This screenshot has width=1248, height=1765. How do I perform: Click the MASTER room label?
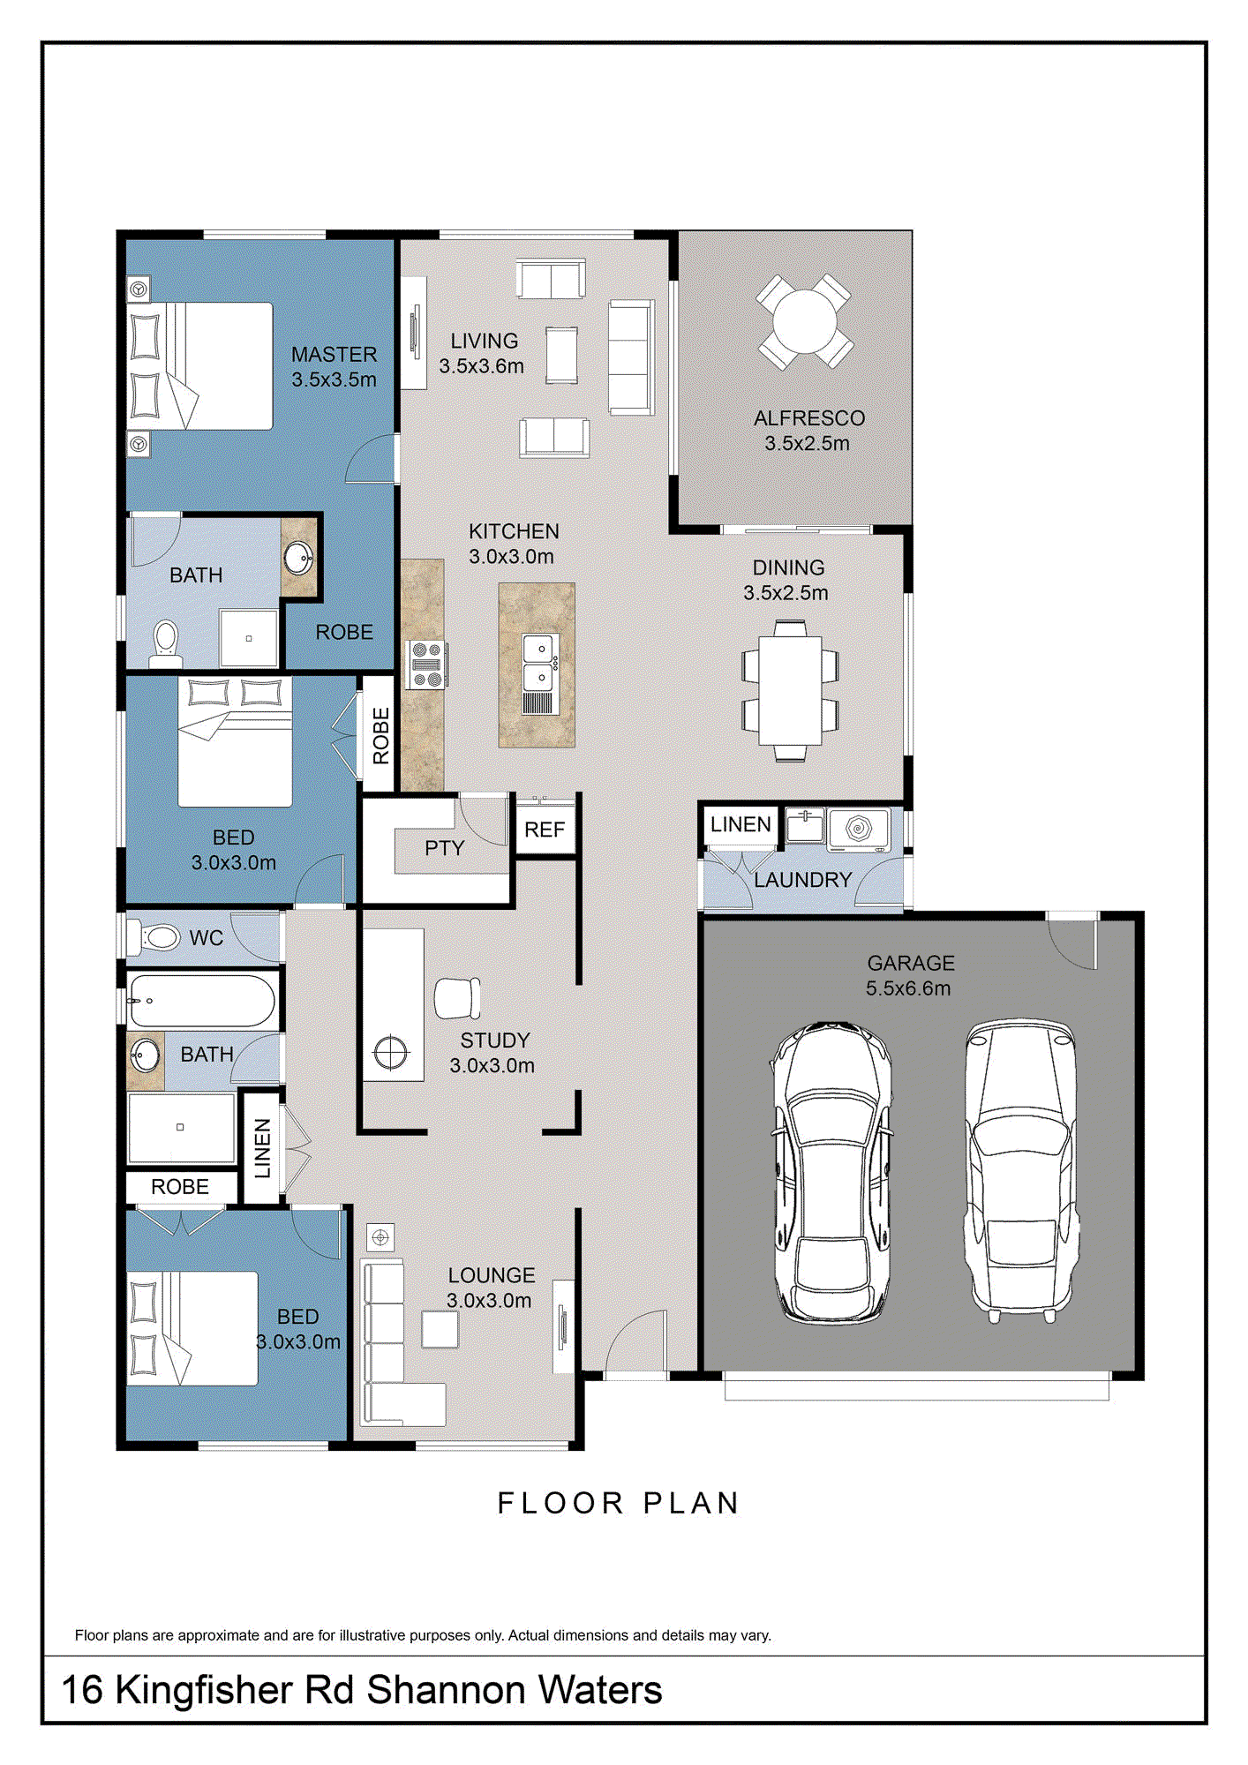point(334,355)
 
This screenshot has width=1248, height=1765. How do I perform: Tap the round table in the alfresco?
point(805,322)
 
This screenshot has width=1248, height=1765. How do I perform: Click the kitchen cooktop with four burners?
point(426,665)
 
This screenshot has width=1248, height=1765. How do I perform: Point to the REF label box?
point(545,830)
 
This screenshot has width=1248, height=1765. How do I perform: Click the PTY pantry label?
point(444,848)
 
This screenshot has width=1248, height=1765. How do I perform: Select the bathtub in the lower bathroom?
point(201,1001)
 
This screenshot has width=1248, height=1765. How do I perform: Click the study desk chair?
point(457,998)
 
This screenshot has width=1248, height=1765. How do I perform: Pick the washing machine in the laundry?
point(858,830)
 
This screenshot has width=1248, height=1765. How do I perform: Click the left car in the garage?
point(832,1171)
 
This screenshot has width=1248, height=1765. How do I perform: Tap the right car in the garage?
point(1022,1169)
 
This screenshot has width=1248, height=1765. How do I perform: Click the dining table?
point(790,690)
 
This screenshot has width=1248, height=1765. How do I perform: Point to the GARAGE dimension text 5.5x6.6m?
point(908,988)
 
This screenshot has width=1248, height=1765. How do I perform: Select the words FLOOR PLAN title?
point(618,1503)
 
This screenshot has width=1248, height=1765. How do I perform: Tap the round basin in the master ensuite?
point(298,558)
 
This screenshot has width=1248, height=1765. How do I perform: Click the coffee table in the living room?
point(561,355)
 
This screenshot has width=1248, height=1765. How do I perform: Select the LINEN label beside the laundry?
point(741,824)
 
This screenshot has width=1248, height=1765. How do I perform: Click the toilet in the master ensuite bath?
point(166,642)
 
